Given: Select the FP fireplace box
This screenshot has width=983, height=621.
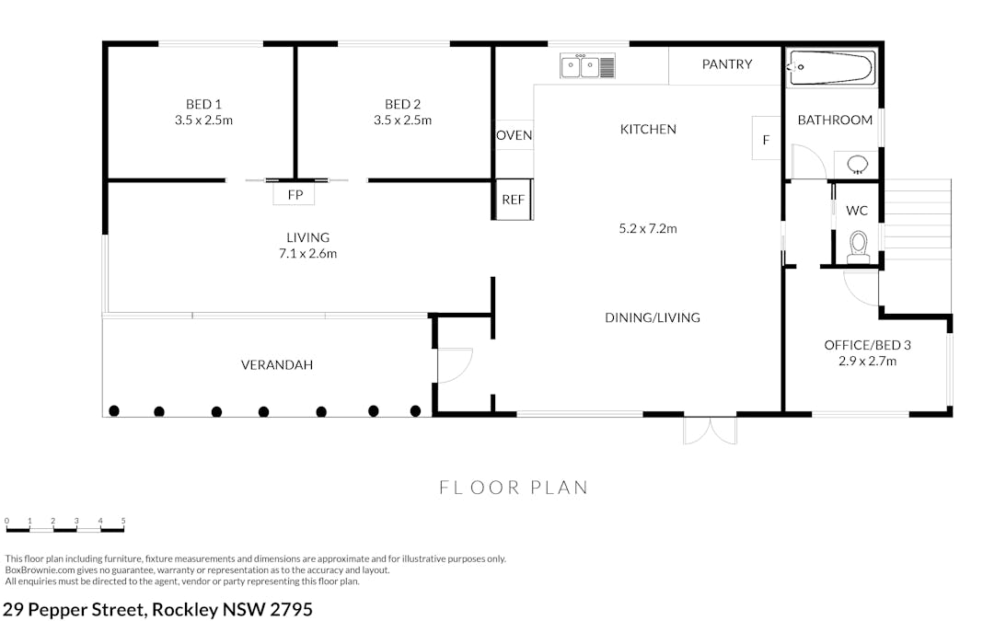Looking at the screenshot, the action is click(x=294, y=194).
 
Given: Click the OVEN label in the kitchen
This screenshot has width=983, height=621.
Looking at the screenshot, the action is click(x=515, y=135).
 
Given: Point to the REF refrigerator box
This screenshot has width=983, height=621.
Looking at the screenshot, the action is click(x=514, y=200).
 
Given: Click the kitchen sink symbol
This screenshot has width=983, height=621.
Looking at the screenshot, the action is click(x=587, y=66).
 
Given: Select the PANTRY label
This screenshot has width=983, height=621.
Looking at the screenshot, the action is click(x=726, y=63).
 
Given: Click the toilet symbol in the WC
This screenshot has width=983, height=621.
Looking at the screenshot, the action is click(x=858, y=247).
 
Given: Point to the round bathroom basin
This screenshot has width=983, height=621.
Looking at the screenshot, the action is click(x=857, y=165).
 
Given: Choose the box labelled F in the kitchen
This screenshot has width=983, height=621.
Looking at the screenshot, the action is click(x=766, y=138).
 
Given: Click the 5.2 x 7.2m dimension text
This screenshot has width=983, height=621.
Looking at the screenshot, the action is click(x=648, y=229).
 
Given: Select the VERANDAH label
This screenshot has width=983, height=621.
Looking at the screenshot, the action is click(x=276, y=364).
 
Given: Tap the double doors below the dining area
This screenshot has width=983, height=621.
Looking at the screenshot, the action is click(x=710, y=431).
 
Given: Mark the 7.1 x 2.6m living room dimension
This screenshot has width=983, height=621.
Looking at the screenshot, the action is click(x=307, y=254).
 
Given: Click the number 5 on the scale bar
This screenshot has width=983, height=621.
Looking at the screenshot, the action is click(x=123, y=521).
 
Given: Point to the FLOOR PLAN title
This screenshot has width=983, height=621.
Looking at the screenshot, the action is click(x=514, y=488).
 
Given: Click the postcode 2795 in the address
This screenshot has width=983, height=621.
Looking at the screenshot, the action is click(x=291, y=609).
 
